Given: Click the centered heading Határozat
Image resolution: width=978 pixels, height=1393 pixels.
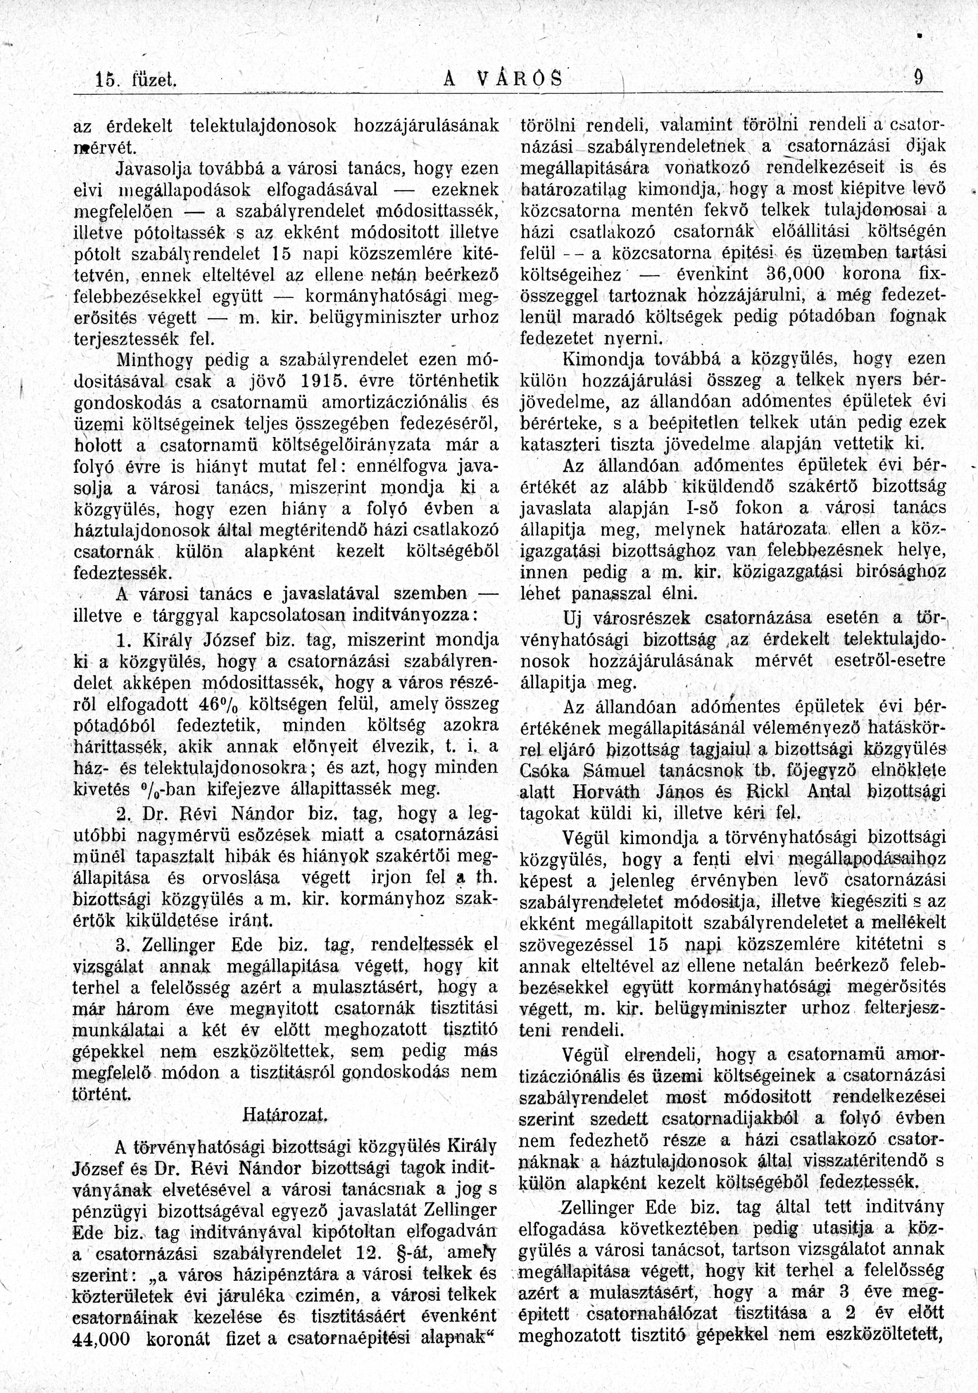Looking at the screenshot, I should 285,1114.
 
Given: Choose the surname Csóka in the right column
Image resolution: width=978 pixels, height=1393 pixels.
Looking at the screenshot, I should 545,770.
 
